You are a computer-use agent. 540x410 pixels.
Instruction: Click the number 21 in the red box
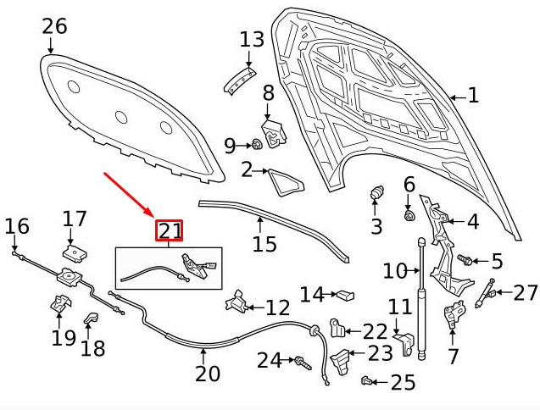pyautogui.click(x=169, y=230)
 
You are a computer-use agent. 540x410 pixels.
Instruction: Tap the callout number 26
pyautogui.click(x=54, y=26)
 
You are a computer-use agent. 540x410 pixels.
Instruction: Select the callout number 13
pyautogui.click(x=252, y=39)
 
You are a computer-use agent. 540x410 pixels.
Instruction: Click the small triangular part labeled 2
pyautogui.click(x=286, y=182)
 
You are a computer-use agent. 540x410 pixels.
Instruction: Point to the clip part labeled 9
pyautogui.click(x=257, y=144)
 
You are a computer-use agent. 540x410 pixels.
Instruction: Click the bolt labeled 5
pyautogui.click(x=464, y=259)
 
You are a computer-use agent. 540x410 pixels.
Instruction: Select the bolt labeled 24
pyautogui.click(x=302, y=363)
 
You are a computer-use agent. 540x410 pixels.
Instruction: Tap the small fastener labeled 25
pyautogui.click(x=365, y=381)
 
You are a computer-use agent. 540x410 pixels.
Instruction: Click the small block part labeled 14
pyautogui.click(x=345, y=295)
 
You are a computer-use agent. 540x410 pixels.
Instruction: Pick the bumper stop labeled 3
pyautogui.click(x=376, y=193)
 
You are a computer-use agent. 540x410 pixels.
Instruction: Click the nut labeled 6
pyautogui.click(x=409, y=216)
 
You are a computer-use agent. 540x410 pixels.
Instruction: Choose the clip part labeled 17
pyautogui.click(x=75, y=254)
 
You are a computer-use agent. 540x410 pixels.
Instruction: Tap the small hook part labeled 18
pyautogui.click(x=91, y=318)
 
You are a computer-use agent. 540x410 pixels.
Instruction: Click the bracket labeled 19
pyautogui.click(x=61, y=303)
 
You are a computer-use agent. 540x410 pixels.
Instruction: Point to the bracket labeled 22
pyautogui.click(x=337, y=328)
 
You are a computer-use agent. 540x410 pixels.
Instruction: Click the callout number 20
pyautogui.click(x=208, y=374)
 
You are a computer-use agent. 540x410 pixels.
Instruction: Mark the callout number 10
pyautogui.click(x=395, y=271)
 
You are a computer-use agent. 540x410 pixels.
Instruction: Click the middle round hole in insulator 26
pyautogui.click(x=121, y=117)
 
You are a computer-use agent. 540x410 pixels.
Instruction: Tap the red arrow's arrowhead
pyautogui.click(x=151, y=213)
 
